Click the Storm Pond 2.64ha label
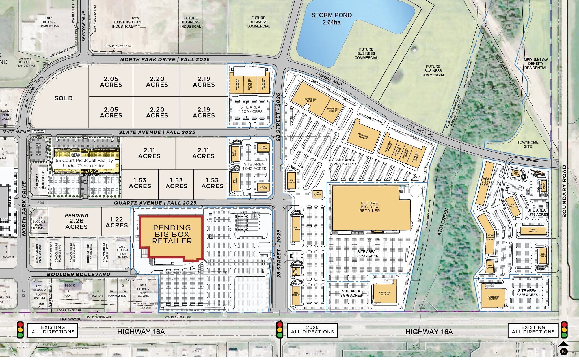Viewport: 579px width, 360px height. pos(331,19)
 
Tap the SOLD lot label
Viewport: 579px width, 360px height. pos(64,98)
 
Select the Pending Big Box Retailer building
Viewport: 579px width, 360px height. pos(172,234)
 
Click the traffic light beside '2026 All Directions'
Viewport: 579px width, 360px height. pos(280,330)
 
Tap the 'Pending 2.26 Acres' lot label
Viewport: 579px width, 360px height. pos(77,221)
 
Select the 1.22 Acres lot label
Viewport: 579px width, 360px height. pos(116,222)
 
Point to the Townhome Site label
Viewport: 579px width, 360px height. pos(528,144)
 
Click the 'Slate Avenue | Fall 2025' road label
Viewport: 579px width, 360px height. pos(157,132)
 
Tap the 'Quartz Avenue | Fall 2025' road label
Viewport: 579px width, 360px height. pos(155,203)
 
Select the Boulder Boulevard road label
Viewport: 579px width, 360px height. pos(79,274)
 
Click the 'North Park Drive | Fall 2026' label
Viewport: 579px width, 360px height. pos(165,59)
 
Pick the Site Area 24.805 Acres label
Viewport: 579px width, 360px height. pos(345,162)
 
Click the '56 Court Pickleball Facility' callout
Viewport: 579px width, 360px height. pos(84,163)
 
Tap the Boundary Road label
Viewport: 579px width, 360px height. pos(565,191)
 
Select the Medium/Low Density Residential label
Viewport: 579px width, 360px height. pos(535,64)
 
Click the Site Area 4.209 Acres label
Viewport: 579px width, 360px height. pos(250,109)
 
